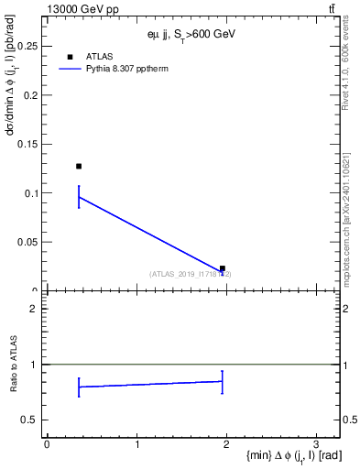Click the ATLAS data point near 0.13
pos(79,166)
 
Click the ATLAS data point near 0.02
pos(223,268)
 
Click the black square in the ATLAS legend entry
pos(70,57)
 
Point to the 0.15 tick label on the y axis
pos(27,144)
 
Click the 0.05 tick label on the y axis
pos(27,242)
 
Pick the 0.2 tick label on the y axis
pos(29,94)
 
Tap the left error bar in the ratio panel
pos(79,387)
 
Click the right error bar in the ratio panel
pos(223,381)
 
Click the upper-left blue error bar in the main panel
pos(79,197)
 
